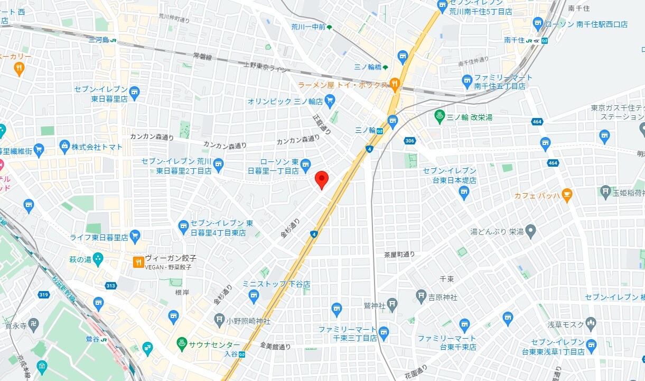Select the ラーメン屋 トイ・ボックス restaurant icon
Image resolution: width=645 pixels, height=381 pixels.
(x=394, y=84)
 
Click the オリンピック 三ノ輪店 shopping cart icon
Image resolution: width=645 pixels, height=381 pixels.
(x=330, y=100)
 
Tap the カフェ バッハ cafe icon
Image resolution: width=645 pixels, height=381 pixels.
(x=567, y=195)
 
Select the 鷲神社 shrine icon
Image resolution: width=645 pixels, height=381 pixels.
(x=392, y=304)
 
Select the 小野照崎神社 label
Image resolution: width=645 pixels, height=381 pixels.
(x=248, y=321)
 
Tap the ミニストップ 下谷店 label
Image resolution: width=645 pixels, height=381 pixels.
(x=276, y=284)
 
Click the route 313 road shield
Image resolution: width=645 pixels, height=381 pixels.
(x=110, y=286)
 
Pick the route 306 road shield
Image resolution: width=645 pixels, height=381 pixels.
(x=409, y=140)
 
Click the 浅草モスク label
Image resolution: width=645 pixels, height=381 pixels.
(x=565, y=324)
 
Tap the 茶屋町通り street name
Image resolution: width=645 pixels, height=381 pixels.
(x=399, y=255)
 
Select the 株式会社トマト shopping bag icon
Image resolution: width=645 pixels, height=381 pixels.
(x=65, y=146)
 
